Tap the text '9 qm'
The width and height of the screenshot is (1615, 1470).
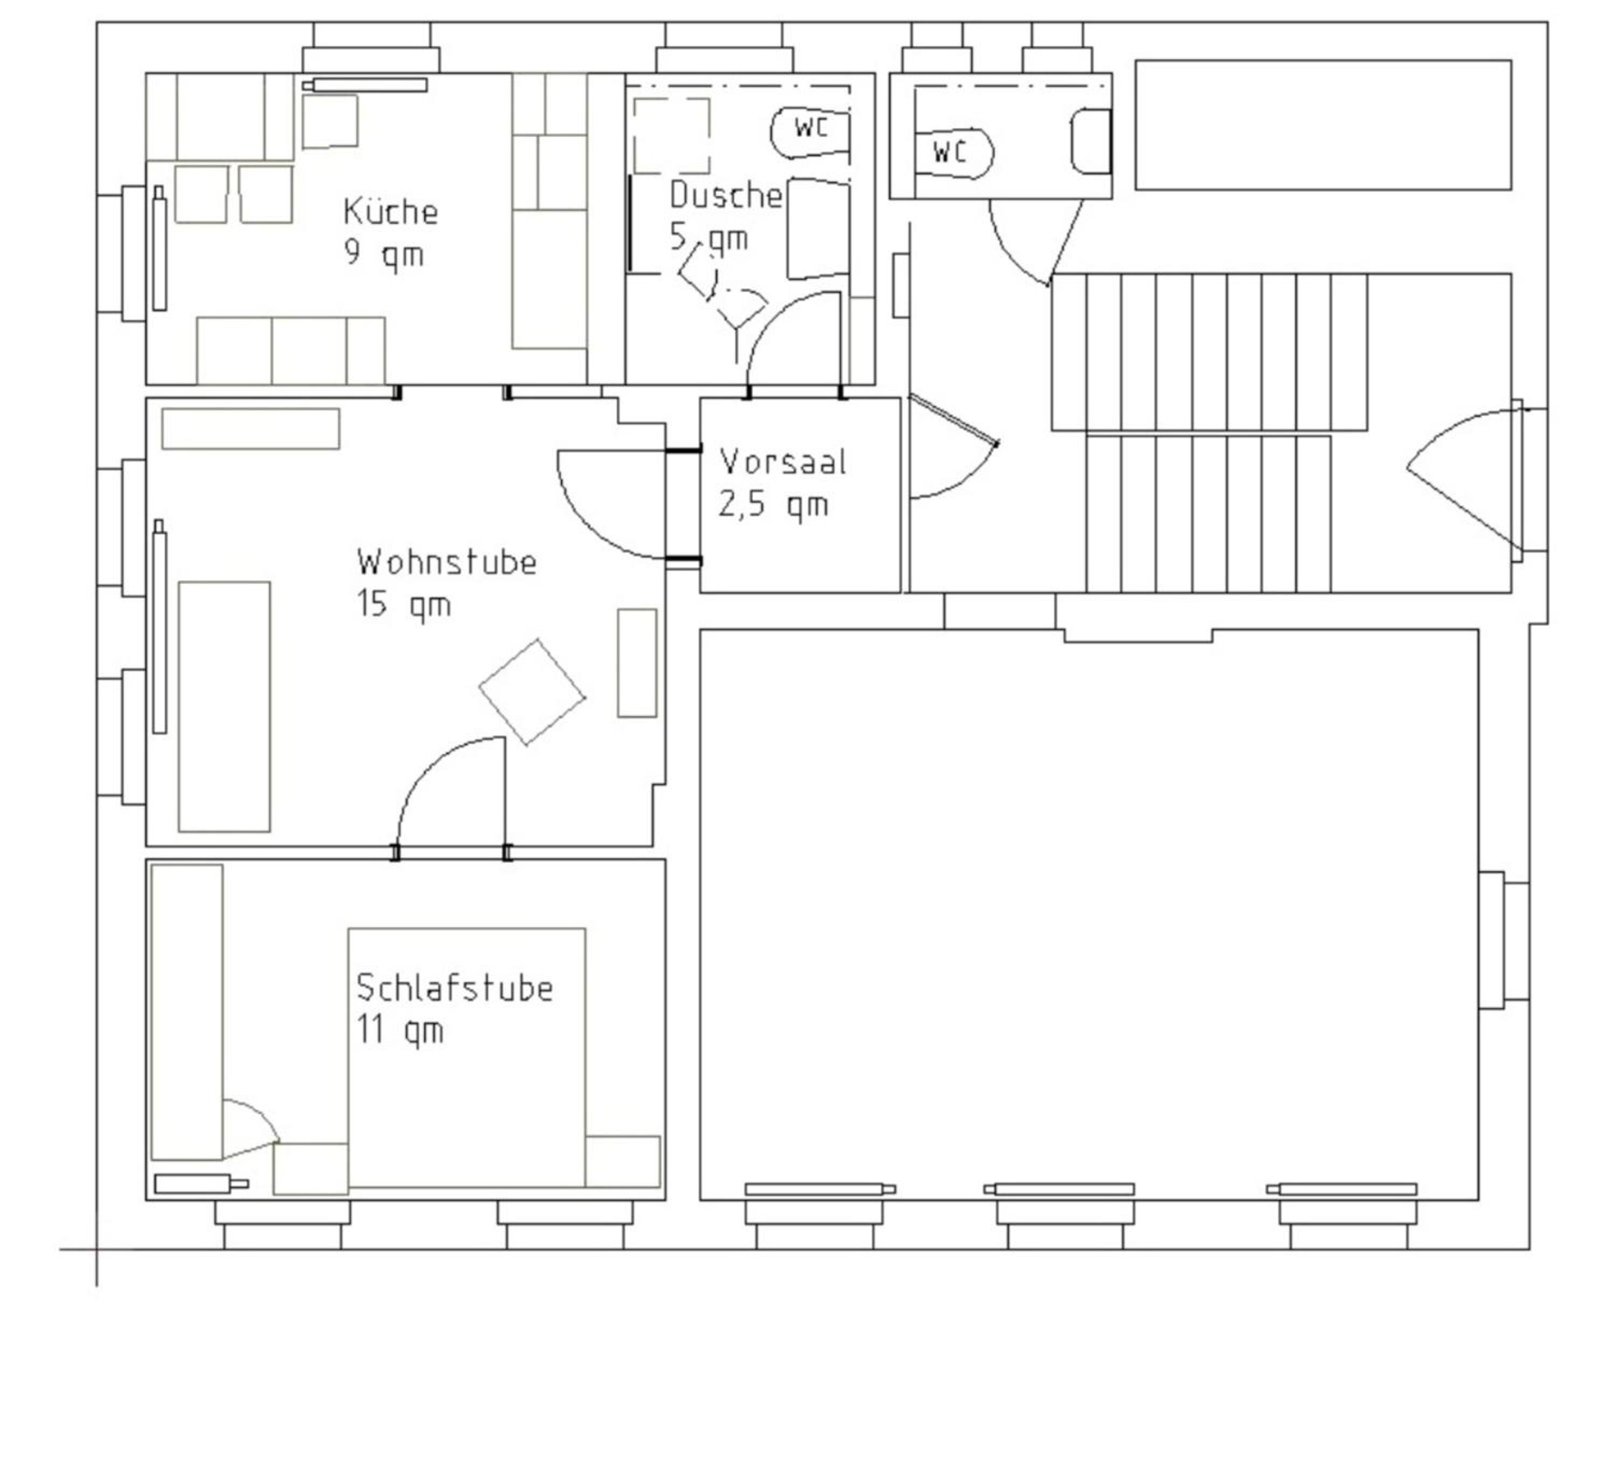point(384,254)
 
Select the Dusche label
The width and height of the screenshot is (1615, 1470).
point(726,195)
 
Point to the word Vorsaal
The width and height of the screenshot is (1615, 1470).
point(783,461)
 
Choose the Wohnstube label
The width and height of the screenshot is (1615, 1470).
point(447,562)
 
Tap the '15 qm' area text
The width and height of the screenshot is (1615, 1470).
point(404,605)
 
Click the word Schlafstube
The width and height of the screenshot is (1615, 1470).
point(454,988)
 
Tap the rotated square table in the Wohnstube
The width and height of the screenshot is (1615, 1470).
point(532,692)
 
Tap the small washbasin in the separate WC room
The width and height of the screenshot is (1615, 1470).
point(1091,141)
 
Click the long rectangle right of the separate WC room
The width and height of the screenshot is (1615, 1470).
point(1323,125)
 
